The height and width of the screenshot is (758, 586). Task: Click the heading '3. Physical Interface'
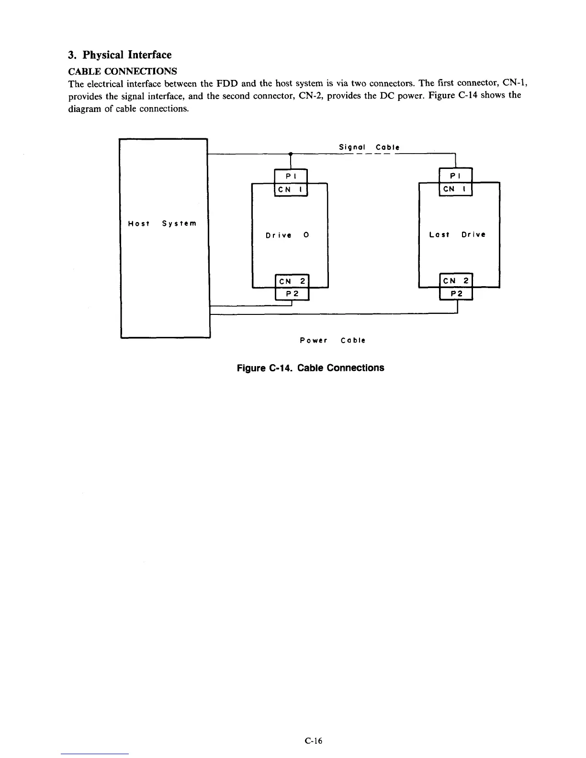[x=120, y=55]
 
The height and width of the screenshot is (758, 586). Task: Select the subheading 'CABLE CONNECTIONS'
[x=123, y=71]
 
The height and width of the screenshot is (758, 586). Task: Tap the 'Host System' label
[x=162, y=223]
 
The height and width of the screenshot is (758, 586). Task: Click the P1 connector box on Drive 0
[x=290, y=176]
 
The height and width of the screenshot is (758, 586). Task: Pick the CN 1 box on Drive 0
[x=290, y=189]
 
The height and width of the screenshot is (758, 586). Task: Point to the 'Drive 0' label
[x=287, y=235]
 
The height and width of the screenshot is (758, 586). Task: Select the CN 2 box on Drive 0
[x=292, y=281]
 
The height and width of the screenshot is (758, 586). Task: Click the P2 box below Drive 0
[x=292, y=294]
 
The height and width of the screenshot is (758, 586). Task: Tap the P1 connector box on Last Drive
[x=455, y=176]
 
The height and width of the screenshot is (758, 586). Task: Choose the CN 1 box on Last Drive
[x=455, y=189]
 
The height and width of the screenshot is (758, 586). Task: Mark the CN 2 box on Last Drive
[x=456, y=281]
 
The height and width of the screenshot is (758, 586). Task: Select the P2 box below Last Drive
[x=456, y=294]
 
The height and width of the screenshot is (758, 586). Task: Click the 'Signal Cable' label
[x=369, y=147]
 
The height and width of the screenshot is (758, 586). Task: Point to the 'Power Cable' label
[x=332, y=340]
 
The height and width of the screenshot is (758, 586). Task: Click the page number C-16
[x=314, y=741]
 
